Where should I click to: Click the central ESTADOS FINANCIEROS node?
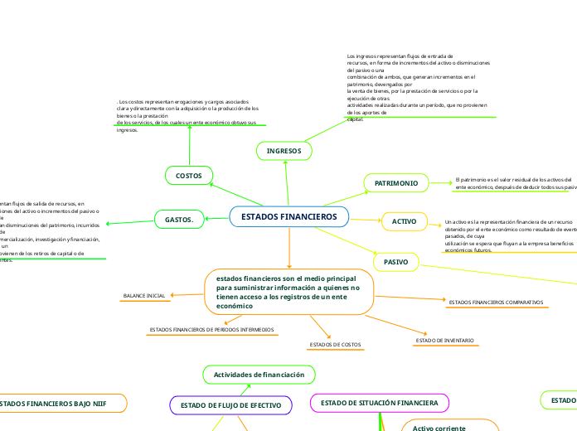point(289,217)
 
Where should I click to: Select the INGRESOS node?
point(284,151)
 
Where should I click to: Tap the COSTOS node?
point(190,175)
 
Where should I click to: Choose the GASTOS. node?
point(179,220)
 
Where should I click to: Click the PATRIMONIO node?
point(396,182)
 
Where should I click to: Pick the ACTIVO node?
point(404,221)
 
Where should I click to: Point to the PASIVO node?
point(396,263)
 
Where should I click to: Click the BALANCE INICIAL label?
point(144,296)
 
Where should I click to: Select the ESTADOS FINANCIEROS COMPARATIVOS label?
point(496,303)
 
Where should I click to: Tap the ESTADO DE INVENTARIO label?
point(444,341)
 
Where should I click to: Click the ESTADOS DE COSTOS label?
point(335,344)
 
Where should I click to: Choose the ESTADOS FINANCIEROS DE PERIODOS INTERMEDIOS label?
point(211,330)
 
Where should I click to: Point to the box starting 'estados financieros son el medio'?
point(288,292)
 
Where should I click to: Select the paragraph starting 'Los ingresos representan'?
point(419,87)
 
